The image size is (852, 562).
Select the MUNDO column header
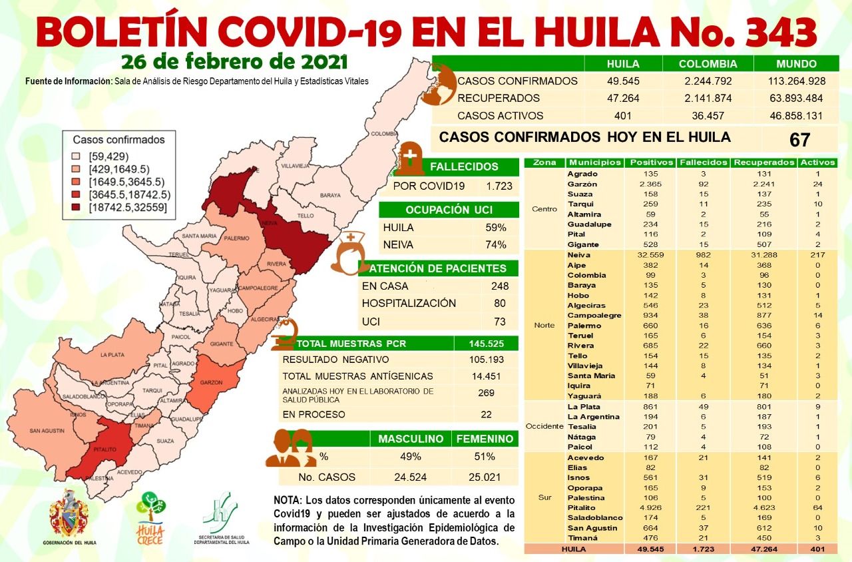click(796, 65)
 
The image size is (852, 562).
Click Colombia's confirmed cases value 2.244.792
click(708, 81)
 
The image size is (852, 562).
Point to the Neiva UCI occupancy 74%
click(496, 244)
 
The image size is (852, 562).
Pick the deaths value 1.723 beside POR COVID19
click(499, 186)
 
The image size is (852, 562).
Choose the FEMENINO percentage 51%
click(485, 457)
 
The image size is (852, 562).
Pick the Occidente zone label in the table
click(544, 426)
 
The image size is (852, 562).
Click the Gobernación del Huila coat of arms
click(69, 514)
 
